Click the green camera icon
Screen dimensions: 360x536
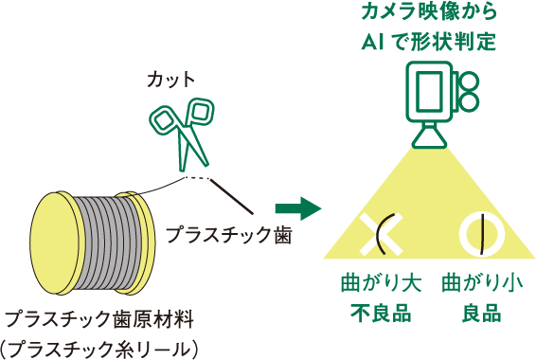(439, 95)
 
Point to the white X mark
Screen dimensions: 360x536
(381, 234)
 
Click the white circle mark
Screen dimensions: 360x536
(482, 234)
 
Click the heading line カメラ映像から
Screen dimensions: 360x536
(429, 14)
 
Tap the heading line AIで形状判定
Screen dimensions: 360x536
(429, 43)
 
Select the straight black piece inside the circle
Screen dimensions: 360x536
(482, 234)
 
